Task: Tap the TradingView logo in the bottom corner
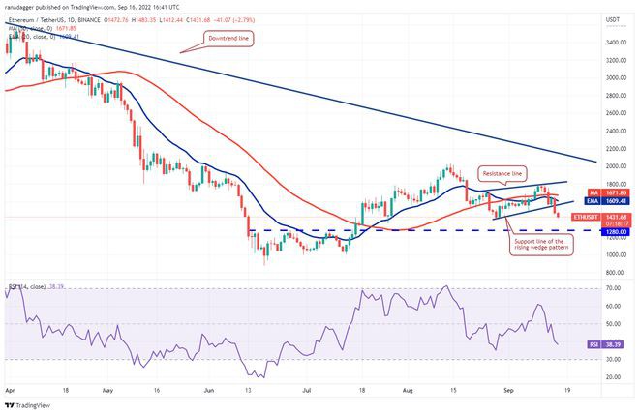pyautogui.click(x=29, y=405)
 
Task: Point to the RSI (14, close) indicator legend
pyautogui.click(x=29, y=287)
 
